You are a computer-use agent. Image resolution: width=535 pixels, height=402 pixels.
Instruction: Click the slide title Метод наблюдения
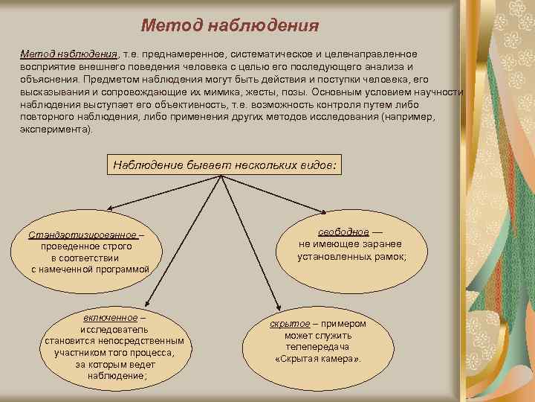(230, 26)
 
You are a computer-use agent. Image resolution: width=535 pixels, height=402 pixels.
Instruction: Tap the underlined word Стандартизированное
(82, 234)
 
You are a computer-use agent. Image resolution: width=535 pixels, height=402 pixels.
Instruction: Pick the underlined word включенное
(110, 318)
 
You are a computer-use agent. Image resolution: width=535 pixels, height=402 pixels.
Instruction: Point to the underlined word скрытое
(289, 324)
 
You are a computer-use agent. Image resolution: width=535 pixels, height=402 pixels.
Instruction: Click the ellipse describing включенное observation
(114, 347)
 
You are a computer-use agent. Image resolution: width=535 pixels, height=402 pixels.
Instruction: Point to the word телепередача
(317, 347)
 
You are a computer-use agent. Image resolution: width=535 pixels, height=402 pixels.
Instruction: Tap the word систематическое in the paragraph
(273, 54)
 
